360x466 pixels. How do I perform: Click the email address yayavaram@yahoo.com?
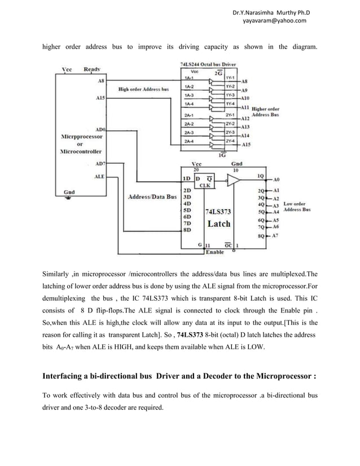pos(274,21)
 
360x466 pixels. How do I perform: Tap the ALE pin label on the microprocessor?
pos(98,177)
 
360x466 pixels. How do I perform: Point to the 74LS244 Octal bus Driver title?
pos(208,65)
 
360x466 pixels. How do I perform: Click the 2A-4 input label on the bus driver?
pos(190,141)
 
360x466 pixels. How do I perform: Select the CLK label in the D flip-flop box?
pos(204,184)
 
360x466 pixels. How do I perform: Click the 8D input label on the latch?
pos(187,230)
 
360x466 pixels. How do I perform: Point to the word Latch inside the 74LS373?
pos(219,223)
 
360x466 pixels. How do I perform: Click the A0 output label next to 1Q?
pos(276,179)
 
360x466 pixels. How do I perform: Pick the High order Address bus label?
pos(143,89)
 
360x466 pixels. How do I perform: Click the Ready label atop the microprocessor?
pos(93,69)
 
